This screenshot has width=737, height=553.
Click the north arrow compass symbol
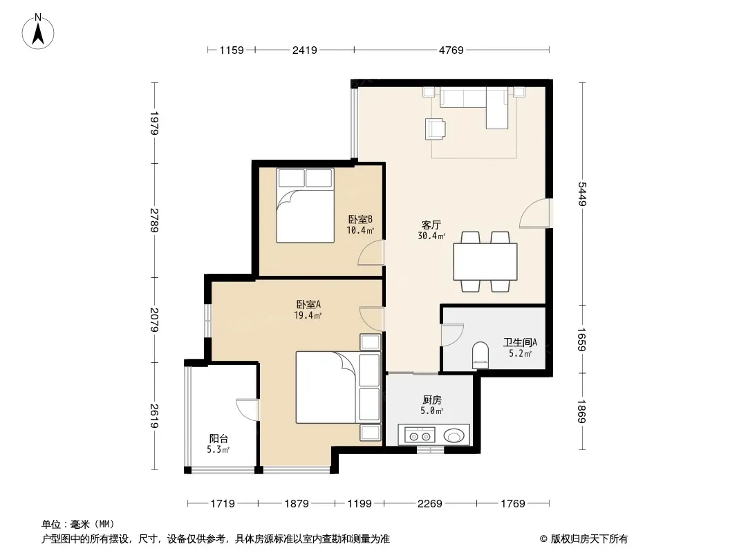(x=38, y=32)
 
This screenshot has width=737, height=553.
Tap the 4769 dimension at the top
(x=451, y=50)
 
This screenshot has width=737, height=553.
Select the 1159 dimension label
(x=232, y=50)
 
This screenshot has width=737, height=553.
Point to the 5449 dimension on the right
(x=582, y=194)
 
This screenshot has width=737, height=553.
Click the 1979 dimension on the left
(x=154, y=123)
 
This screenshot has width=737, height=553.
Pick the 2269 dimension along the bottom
(x=429, y=504)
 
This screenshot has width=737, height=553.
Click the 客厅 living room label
(x=431, y=225)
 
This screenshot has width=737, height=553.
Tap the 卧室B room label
(x=360, y=219)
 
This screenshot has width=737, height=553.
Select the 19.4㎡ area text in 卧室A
(x=308, y=315)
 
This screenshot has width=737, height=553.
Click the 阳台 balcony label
(x=218, y=439)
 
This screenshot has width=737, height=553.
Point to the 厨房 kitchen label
(x=432, y=400)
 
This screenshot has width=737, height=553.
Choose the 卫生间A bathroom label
(x=521, y=342)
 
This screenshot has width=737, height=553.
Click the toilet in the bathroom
(x=481, y=355)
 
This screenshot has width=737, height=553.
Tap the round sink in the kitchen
(x=454, y=435)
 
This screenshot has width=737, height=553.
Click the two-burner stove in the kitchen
(x=420, y=435)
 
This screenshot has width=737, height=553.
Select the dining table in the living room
(x=485, y=262)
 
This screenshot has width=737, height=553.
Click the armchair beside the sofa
(x=436, y=129)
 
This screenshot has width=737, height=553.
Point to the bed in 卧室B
(x=305, y=205)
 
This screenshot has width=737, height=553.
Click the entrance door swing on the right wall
(x=536, y=214)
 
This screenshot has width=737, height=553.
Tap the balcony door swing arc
(x=247, y=409)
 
